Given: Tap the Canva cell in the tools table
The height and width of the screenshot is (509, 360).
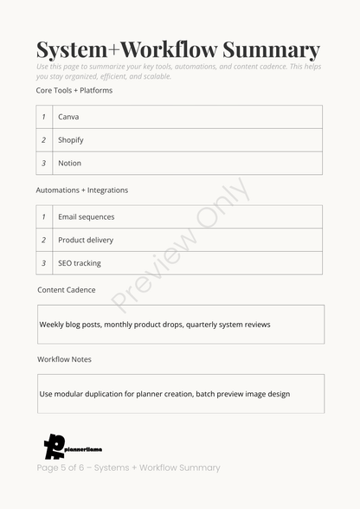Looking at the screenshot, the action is tap(68, 117).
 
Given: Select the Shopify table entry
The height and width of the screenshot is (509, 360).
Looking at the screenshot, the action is tap(71, 140).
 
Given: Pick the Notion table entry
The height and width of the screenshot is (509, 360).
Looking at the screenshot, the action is tap(69, 163).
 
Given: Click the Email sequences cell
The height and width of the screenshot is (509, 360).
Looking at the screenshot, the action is tap(86, 216).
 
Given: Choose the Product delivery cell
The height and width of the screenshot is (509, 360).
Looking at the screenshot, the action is tap(86, 240).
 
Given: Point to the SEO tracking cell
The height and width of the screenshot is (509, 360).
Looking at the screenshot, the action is tap(80, 263).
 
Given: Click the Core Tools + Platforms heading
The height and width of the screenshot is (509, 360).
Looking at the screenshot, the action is tap(74, 90).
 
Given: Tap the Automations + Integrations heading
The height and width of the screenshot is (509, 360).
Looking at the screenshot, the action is tap(81, 190).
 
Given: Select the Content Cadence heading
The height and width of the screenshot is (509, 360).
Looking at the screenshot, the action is tap(67, 290).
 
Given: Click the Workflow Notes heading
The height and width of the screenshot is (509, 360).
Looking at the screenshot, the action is tap(64, 359).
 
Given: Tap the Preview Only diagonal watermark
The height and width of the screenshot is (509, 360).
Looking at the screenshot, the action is tap(180, 245).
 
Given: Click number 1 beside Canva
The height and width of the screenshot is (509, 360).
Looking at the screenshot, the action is tap(43, 117).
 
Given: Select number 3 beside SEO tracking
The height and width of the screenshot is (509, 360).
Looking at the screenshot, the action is tap(43, 263).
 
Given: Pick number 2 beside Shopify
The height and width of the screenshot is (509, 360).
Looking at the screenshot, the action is tap(43, 140).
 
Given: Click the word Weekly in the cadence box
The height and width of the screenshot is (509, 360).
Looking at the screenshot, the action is tap(52, 325).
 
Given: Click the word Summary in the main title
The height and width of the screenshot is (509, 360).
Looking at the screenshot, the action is tap(271, 50).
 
